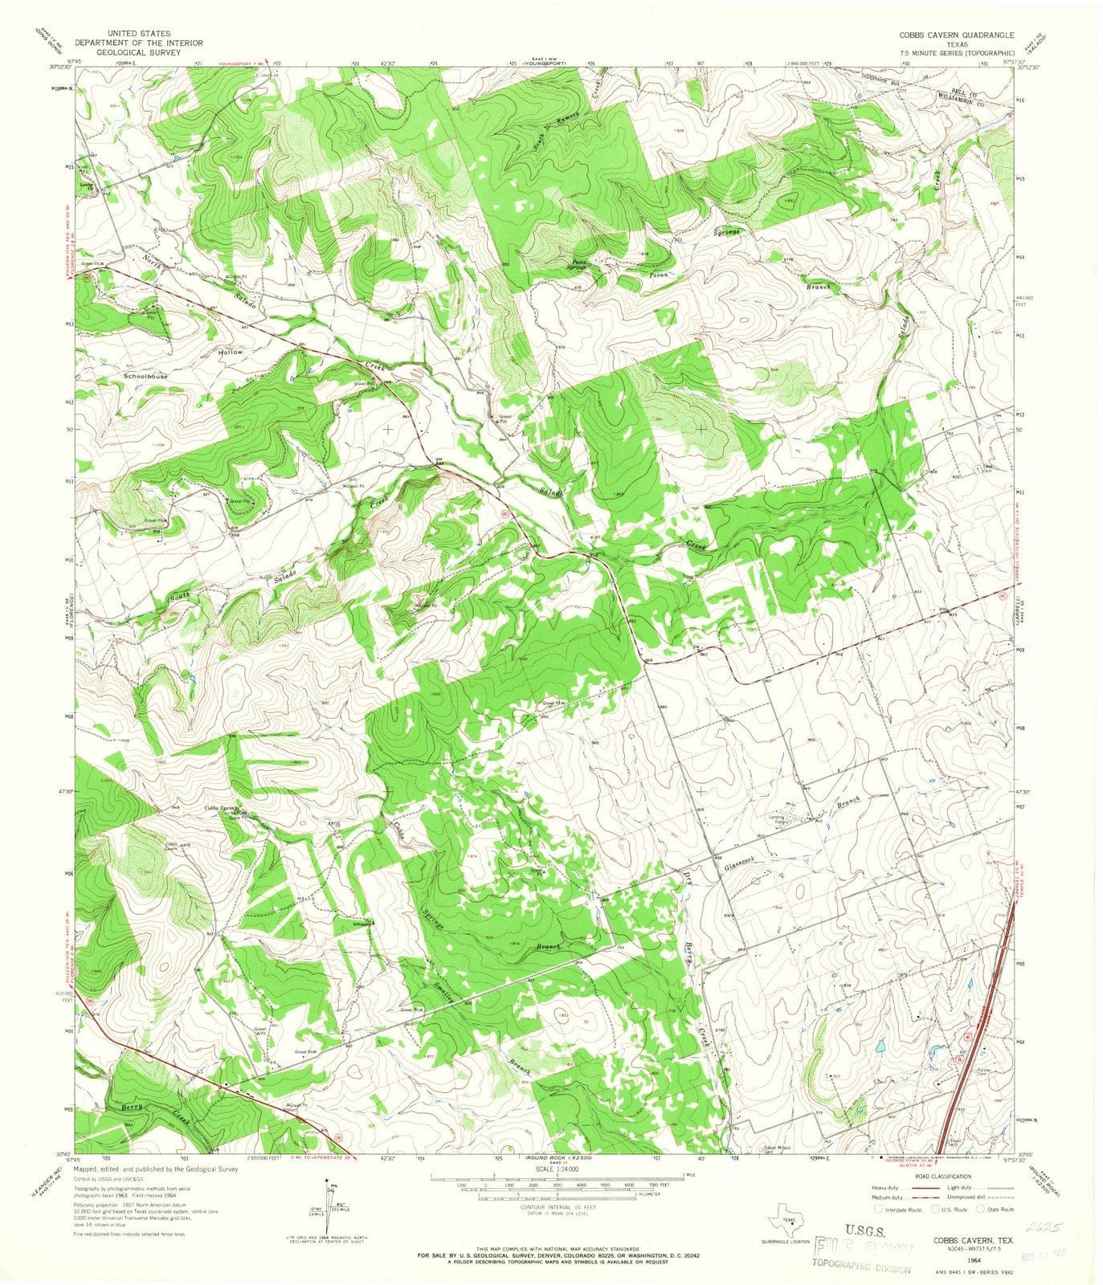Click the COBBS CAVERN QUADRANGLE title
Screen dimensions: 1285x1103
coord(956,35)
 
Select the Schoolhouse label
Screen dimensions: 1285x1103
coord(145,376)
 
